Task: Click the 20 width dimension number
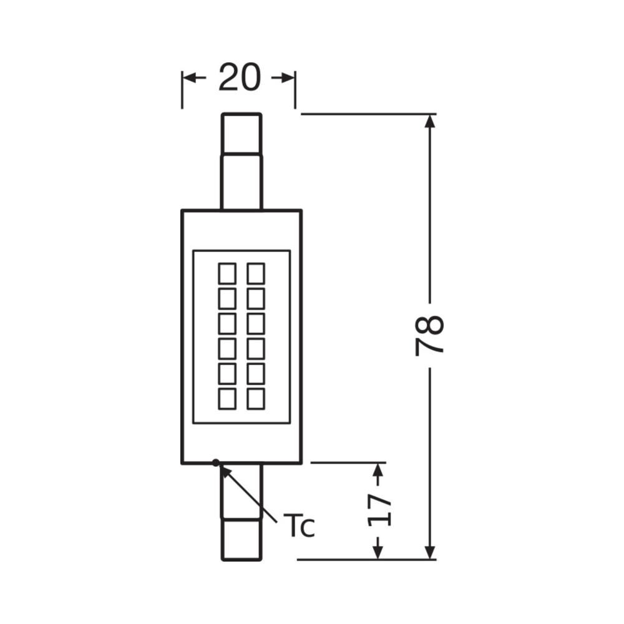pos(240,78)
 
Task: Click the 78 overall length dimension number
pos(429,336)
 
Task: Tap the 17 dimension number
pos(378,510)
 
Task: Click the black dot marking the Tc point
pos(215,462)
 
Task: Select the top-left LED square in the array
pos(227,273)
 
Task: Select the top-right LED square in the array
pos(256,273)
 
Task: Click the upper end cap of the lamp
pos(241,132)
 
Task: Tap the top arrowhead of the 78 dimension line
pos(429,122)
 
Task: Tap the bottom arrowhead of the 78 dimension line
pos(429,552)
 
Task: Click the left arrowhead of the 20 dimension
pos(190,78)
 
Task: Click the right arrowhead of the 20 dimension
pos(288,78)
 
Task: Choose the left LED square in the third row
pos(227,323)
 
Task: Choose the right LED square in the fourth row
pos(256,348)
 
